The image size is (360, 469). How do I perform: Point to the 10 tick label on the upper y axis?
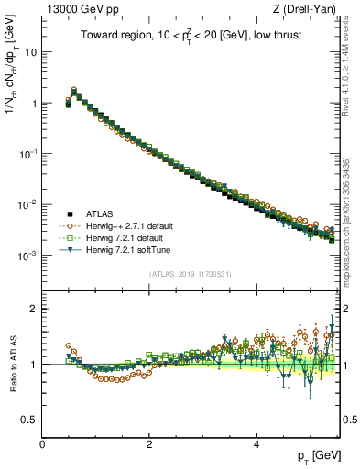point(29,52)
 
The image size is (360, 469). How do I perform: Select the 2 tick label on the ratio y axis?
point(32,309)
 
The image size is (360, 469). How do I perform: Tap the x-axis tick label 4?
point(256,443)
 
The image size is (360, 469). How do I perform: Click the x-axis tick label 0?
point(42,443)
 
